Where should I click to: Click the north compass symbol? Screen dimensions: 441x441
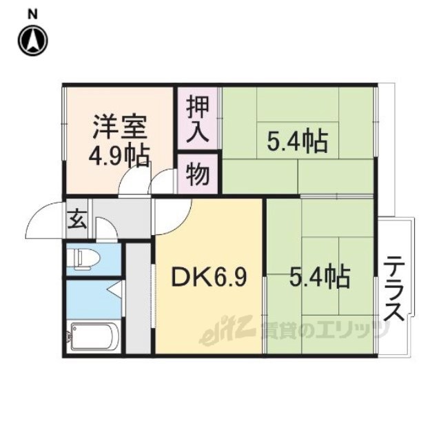33,41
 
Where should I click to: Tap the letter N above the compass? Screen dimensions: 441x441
33,14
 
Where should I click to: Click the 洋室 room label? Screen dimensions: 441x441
120,127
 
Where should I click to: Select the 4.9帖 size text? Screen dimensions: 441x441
119,156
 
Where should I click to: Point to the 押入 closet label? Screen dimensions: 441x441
198,119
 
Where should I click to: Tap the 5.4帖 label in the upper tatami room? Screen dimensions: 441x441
298,141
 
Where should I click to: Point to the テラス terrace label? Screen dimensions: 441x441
394,289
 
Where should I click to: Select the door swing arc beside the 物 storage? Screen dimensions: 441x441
158,176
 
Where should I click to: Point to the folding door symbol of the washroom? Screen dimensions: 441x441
116,288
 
